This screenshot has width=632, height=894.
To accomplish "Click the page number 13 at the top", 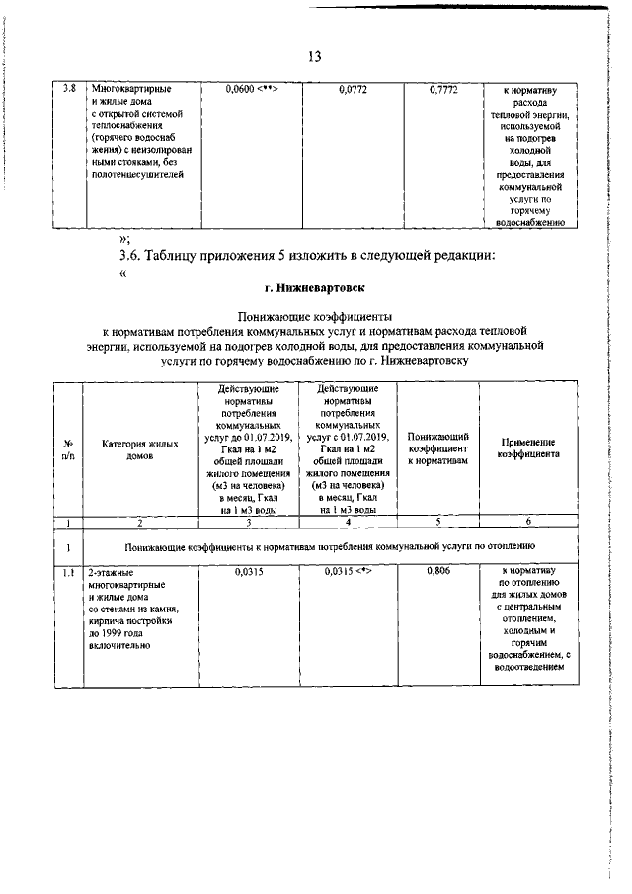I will (x=315, y=55).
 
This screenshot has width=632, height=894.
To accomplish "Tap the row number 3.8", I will (x=69, y=89).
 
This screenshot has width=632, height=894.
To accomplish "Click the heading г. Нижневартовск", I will (x=315, y=287).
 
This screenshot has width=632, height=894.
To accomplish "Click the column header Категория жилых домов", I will (x=140, y=449).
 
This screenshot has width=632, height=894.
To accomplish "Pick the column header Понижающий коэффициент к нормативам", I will (x=436, y=448).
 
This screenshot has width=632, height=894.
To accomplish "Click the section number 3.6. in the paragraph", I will (x=132, y=257).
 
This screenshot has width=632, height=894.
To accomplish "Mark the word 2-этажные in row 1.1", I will (x=111, y=572).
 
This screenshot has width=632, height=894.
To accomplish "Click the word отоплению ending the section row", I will (x=513, y=544).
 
